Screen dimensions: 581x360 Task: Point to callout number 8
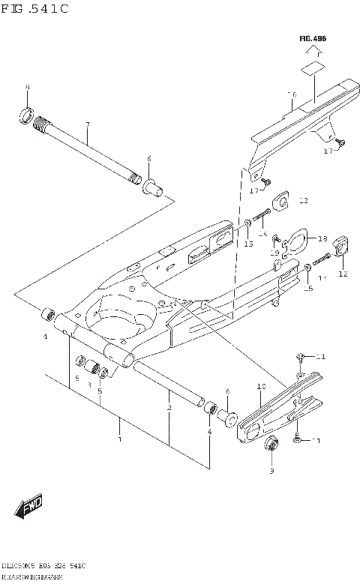coord(28,88)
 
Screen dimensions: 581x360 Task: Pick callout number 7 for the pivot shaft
coord(88,124)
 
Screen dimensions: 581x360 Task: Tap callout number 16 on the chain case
coord(292,95)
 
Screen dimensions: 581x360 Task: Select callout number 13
coord(303,201)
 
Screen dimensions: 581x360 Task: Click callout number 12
coord(343,274)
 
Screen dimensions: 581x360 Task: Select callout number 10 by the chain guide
coord(261,387)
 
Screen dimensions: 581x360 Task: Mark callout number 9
coord(272,471)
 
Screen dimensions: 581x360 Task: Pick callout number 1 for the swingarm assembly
coord(118,439)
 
